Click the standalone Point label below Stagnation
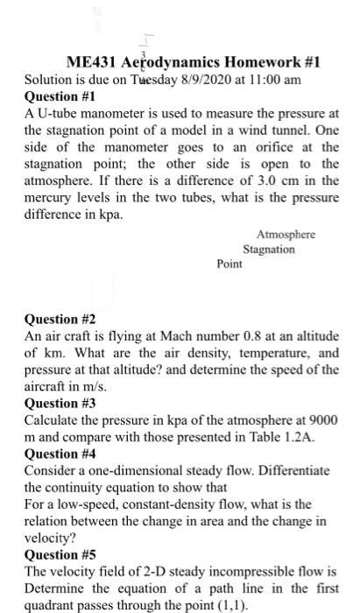click(x=229, y=263)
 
